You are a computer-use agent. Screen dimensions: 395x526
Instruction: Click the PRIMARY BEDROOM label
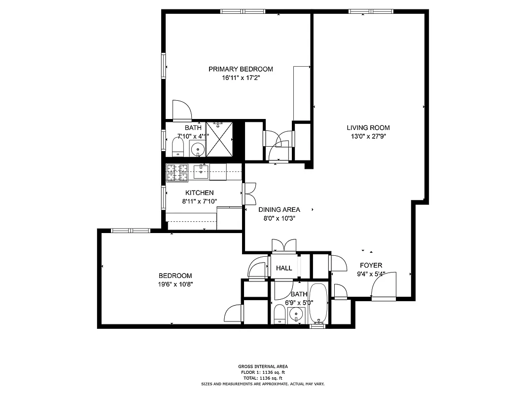240,69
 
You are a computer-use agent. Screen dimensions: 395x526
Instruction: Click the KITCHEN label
199,193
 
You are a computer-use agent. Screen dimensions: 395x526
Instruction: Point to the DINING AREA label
279,209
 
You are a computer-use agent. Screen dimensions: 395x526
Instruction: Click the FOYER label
371,265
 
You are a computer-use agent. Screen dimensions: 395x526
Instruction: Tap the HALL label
284,268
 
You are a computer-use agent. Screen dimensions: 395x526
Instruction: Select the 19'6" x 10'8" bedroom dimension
175,284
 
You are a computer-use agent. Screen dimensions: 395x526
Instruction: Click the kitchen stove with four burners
177,173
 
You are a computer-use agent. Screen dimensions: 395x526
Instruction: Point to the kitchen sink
201,172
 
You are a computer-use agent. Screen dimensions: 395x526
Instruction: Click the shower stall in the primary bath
219,139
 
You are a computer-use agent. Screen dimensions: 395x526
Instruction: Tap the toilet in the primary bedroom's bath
177,147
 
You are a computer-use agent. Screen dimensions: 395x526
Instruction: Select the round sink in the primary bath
198,148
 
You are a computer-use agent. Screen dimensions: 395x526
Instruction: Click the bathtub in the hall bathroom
318,303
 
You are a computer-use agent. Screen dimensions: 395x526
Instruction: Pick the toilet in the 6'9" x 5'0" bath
280,314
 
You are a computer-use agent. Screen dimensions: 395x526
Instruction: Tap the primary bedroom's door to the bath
181,111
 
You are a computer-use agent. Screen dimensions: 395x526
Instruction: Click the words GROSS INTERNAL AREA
262,366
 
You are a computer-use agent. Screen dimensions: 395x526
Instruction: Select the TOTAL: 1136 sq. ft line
262,378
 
